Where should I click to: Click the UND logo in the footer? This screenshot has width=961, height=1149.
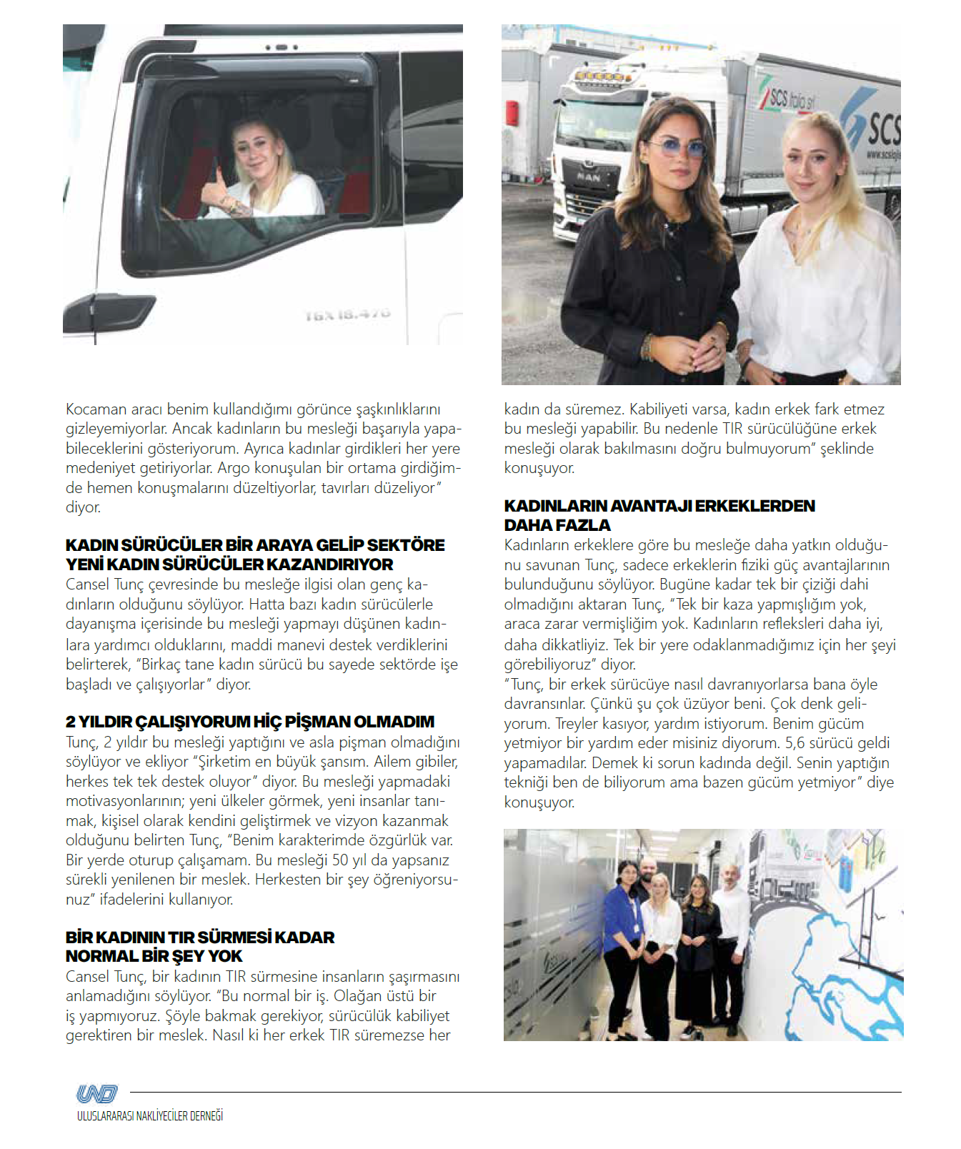click(x=96, y=1094)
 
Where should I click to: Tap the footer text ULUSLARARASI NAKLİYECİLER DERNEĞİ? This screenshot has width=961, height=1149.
click(x=150, y=1116)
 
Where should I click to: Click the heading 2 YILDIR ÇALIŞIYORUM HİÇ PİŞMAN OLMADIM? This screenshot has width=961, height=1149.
click(x=250, y=722)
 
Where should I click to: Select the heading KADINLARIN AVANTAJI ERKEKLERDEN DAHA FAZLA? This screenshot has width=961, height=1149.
click(x=659, y=515)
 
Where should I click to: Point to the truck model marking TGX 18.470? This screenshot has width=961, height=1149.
click(x=348, y=315)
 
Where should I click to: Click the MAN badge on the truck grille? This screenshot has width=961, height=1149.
click(x=588, y=176)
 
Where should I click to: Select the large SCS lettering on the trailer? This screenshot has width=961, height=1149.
click(x=882, y=129)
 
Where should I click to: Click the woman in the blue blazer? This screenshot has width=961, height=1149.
click(x=621, y=929)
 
